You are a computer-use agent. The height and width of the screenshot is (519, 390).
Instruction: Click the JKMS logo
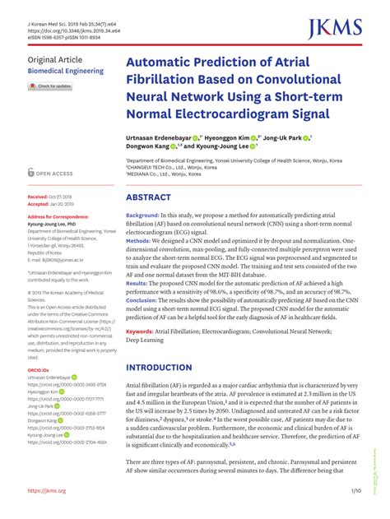(337, 30)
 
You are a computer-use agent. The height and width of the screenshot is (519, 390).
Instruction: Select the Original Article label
(55, 60)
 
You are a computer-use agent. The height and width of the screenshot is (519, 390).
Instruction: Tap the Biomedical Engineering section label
(66, 72)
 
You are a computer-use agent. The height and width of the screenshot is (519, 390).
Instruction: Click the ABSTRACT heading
(149, 198)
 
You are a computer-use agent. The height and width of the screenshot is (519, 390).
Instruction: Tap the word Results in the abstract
(141, 282)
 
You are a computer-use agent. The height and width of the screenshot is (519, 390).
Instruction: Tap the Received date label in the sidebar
(38, 197)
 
